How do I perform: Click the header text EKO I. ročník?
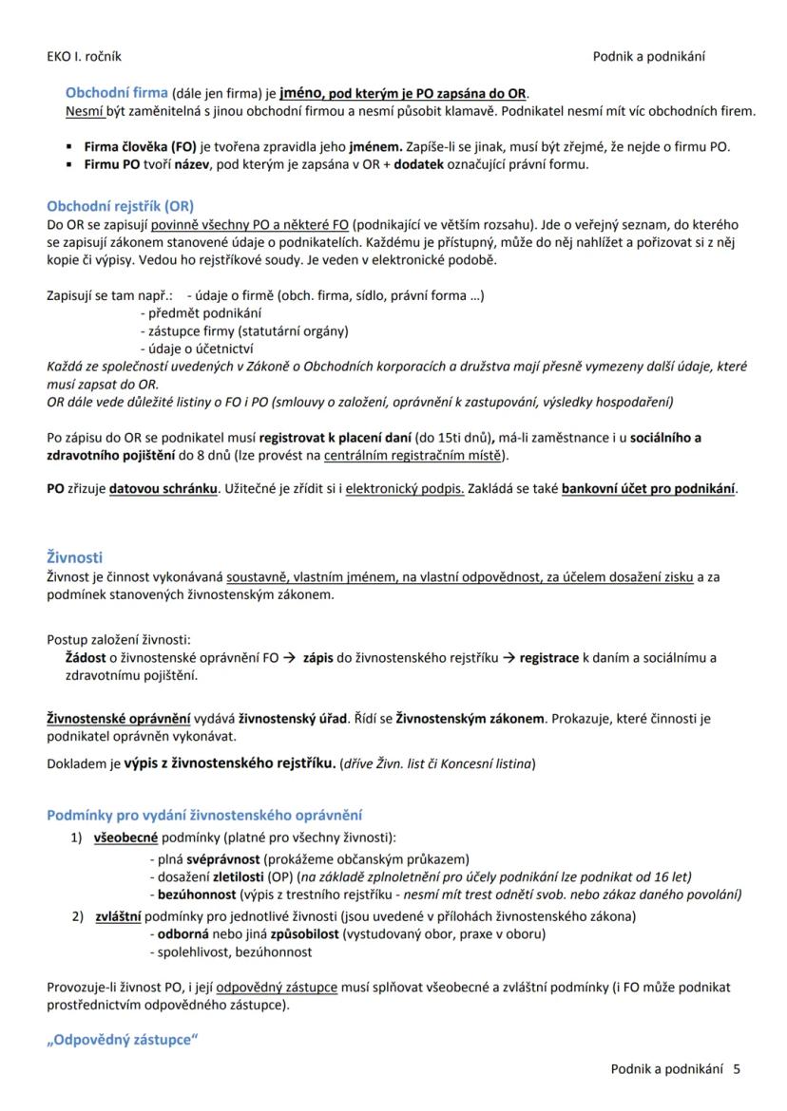(x=84, y=57)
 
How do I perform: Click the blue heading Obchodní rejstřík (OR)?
(x=120, y=206)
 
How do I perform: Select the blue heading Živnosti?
(x=74, y=557)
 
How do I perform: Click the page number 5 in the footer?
(x=737, y=1069)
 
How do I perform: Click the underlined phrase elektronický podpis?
(x=404, y=489)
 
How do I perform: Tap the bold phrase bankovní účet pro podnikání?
(x=649, y=489)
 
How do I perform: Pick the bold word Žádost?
(x=84, y=658)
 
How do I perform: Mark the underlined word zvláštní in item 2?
(x=118, y=916)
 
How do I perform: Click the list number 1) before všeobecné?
(x=77, y=838)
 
